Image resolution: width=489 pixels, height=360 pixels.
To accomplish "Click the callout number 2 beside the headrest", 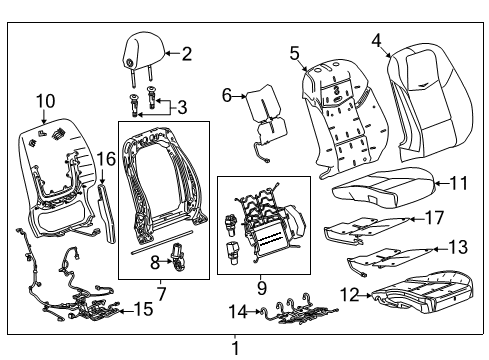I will [x=186, y=54].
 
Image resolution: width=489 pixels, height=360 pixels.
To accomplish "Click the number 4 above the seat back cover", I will [x=376, y=40].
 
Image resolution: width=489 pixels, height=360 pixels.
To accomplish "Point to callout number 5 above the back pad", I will [x=295, y=52].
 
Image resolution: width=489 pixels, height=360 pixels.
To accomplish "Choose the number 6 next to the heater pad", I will [x=227, y=96].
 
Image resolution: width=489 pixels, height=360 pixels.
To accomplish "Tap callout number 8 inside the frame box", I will [x=155, y=263].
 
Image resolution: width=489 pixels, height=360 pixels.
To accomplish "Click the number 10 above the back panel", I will [x=45, y=99].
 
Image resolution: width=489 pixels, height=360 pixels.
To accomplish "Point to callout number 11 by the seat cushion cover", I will [x=458, y=183].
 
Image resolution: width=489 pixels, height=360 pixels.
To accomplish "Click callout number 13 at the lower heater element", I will [x=458, y=246].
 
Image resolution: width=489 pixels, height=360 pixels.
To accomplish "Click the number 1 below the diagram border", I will [x=236, y=349].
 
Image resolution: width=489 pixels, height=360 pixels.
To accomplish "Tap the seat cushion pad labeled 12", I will [x=420, y=296].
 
